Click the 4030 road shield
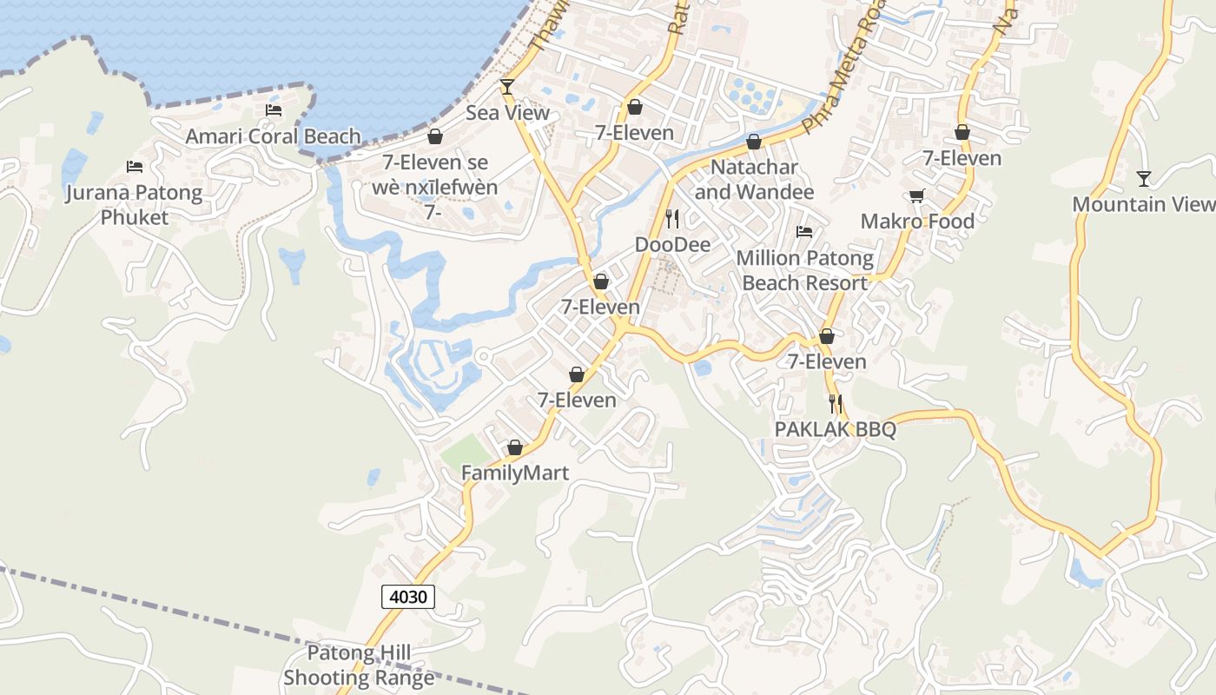point(407,597)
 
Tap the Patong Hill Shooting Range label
point(358,665)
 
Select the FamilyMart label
point(515,473)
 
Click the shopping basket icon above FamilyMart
point(515,447)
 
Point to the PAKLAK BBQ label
point(835,429)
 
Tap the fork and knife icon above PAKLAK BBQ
point(835,403)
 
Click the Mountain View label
point(1143,204)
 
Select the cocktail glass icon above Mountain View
point(1143,179)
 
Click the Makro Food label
point(917,222)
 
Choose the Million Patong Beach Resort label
point(804,270)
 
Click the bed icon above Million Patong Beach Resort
point(804,232)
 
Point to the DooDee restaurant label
point(672,245)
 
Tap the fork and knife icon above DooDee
point(671,218)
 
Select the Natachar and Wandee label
point(754,180)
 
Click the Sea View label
point(507,113)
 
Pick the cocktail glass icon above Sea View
point(507,87)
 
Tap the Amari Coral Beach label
point(273,136)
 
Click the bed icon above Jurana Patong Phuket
point(134,166)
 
